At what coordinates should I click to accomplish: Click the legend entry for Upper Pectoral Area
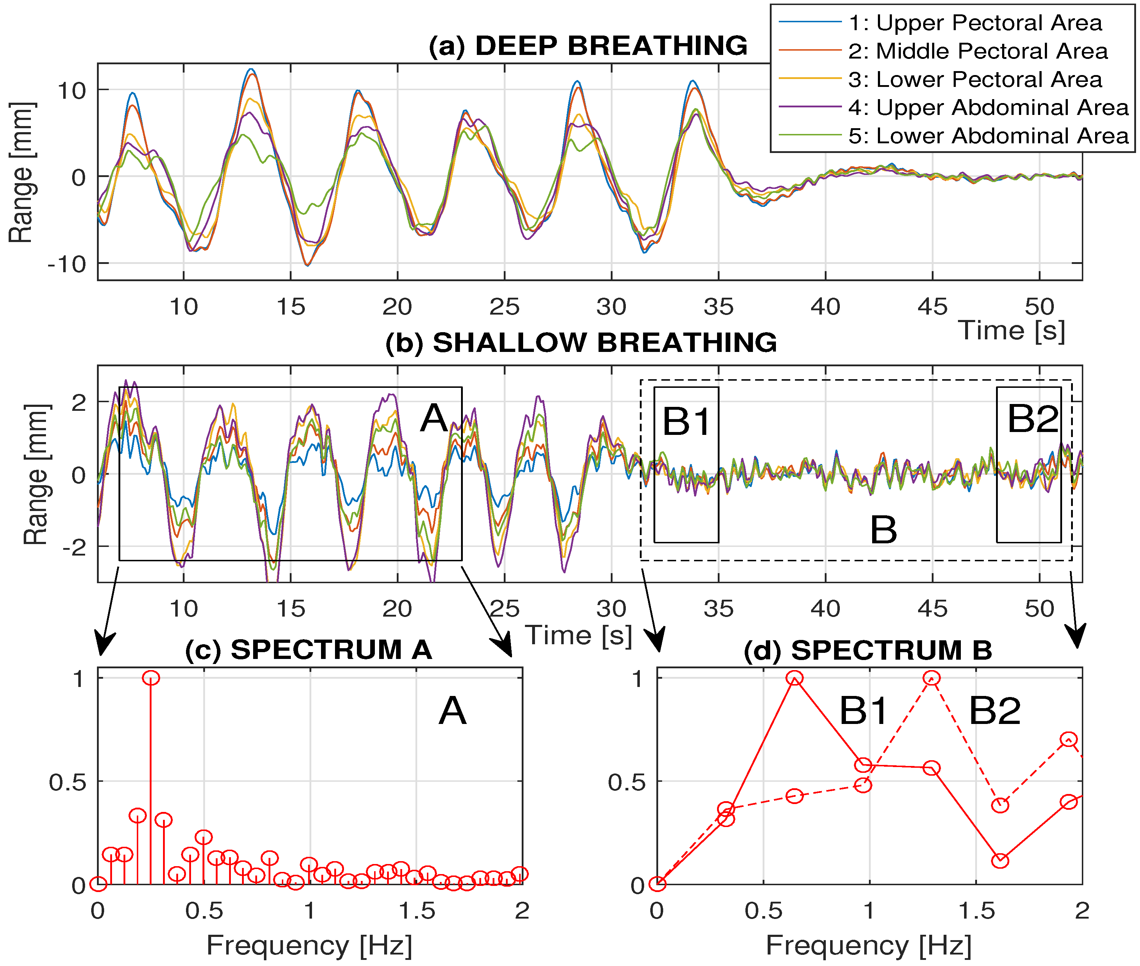pyautogui.click(x=974, y=23)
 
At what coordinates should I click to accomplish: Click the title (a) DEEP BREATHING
pyautogui.click(x=587, y=46)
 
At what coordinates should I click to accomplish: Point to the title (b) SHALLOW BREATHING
pyautogui.click(x=580, y=343)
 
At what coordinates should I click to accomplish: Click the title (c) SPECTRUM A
pyautogui.click(x=308, y=650)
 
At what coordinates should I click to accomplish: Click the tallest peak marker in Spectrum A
pyautogui.click(x=151, y=678)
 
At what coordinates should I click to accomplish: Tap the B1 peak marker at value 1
pyautogui.click(x=795, y=678)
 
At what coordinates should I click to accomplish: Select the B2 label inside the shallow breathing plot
pyautogui.click(x=1033, y=419)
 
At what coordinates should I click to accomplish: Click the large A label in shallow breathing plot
pyautogui.click(x=434, y=418)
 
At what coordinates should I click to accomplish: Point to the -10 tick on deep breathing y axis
pyautogui.click(x=67, y=265)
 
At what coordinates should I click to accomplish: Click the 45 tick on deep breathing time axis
pyautogui.click(x=932, y=307)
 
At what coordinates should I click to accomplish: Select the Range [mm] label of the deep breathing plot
pyautogui.click(x=22, y=172)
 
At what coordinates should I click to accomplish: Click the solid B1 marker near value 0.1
pyautogui.click(x=1000, y=861)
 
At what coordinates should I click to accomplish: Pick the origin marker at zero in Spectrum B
pyautogui.click(x=657, y=884)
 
